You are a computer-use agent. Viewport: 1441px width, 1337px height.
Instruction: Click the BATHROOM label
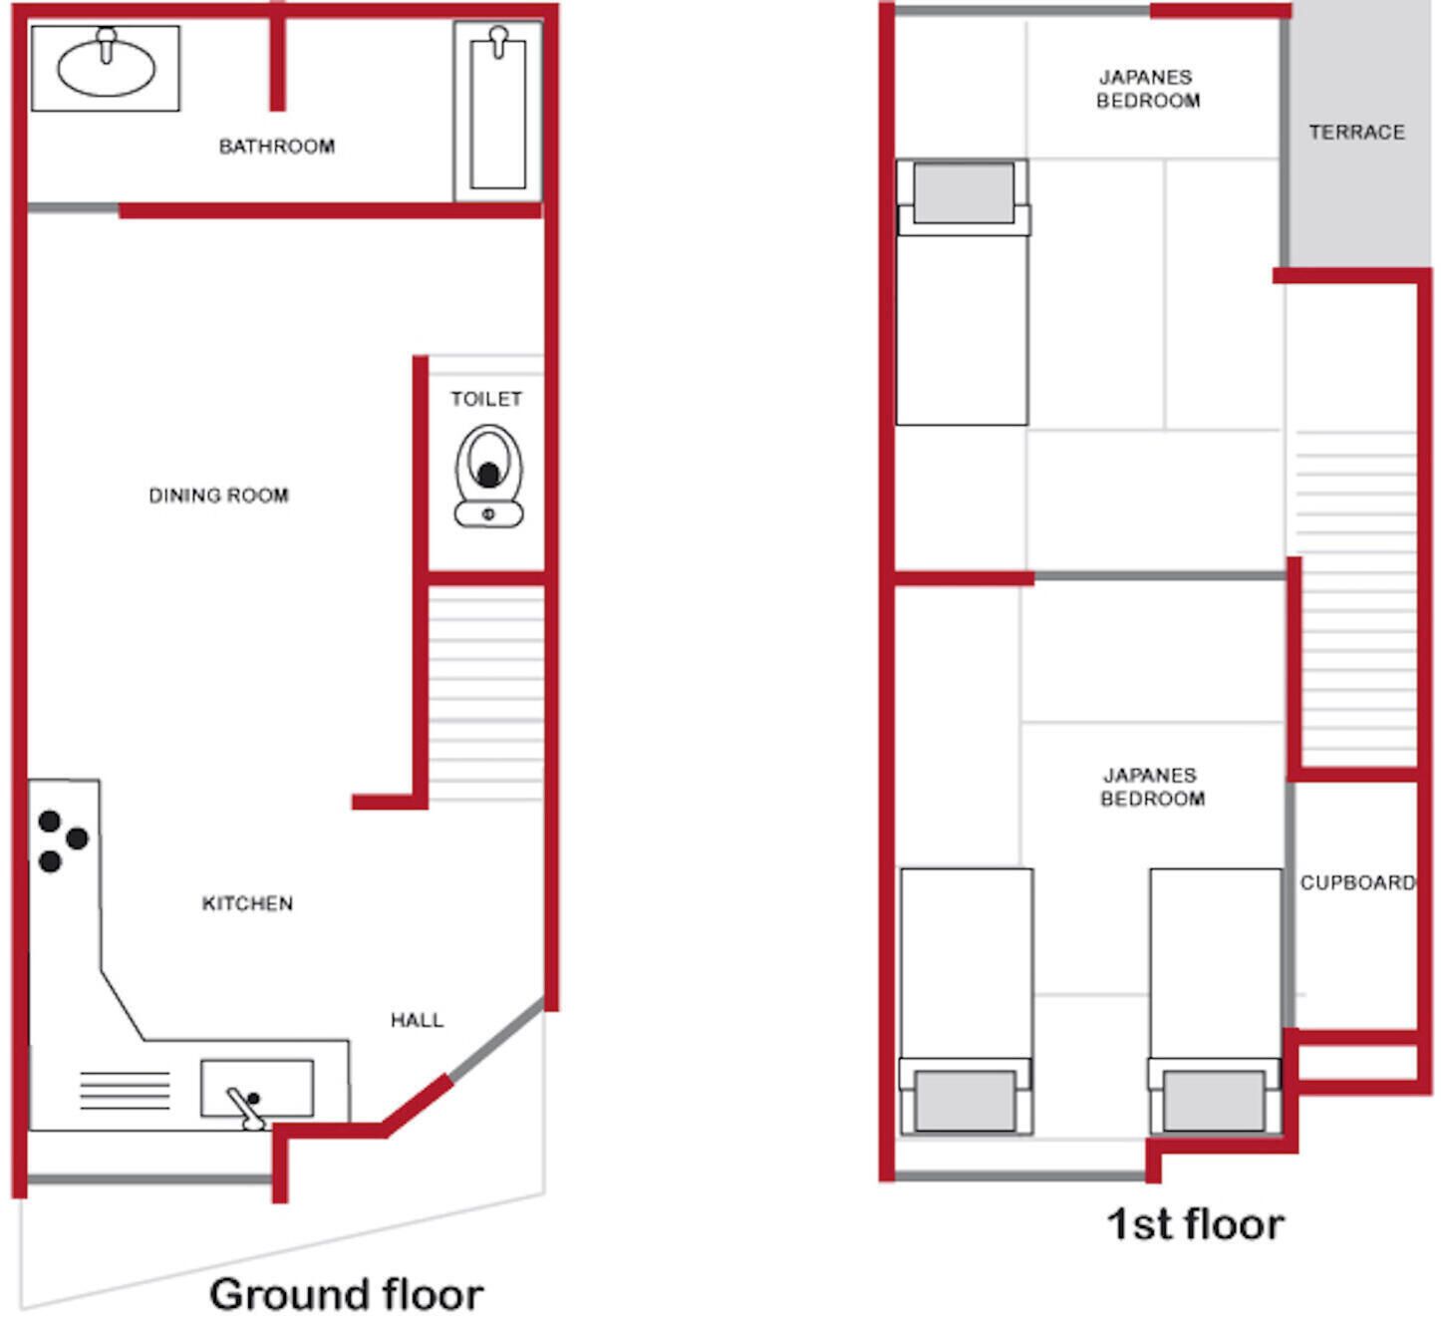point(276,147)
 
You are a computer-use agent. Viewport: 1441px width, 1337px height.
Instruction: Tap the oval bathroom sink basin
point(106,68)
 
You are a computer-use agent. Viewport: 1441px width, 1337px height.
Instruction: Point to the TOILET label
point(486,399)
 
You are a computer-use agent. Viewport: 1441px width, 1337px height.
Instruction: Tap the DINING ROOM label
point(218,496)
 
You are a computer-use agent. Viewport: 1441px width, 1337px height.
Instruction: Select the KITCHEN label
point(247,903)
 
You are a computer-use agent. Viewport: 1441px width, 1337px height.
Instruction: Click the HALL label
point(417,1020)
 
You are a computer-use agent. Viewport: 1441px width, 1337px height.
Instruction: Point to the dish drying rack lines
point(125,1090)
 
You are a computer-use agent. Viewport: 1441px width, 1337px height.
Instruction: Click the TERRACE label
point(1357,133)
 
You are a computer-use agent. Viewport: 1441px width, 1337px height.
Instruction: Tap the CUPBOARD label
point(1357,882)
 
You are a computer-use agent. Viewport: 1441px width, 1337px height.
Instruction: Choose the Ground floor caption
point(346,1293)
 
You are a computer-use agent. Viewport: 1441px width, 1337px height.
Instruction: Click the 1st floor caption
point(1195,1223)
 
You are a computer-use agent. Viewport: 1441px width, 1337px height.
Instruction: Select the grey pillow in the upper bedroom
point(964,193)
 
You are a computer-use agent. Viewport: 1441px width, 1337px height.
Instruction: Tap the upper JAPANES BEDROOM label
point(1147,89)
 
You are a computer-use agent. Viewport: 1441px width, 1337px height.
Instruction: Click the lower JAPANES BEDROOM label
point(1152,788)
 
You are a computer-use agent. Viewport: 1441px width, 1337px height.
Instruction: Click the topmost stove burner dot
point(50,822)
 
